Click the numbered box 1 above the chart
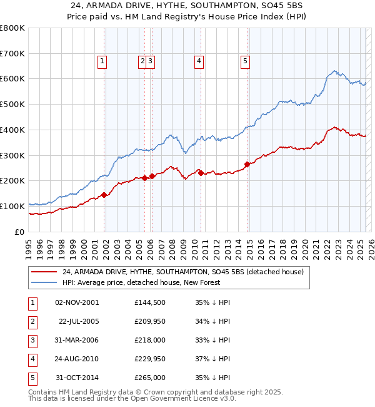(102, 61)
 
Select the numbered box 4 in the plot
(198, 61)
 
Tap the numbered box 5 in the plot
(244, 61)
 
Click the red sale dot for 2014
(247, 164)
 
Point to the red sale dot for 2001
(104, 195)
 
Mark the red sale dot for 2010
(201, 173)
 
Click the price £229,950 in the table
(149, 359)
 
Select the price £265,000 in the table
(149, 378)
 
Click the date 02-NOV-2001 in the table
(77, 303)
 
